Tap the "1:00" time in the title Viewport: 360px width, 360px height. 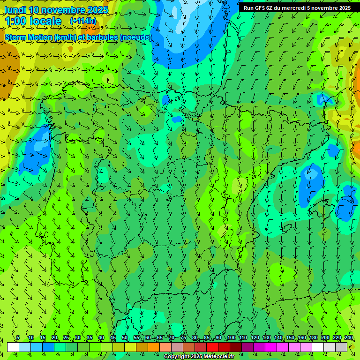(15, 22)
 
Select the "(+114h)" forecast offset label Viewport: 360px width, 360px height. (83, 21)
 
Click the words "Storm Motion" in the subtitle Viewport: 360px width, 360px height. (29, 37)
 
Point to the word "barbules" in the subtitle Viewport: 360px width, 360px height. (102, 37)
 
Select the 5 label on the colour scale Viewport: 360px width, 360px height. (17, 338)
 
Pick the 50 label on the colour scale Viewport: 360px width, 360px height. (125, 338)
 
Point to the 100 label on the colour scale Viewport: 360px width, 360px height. (232, 338)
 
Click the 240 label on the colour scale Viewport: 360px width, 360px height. (349, 338)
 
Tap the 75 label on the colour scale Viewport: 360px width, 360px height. (183, 338)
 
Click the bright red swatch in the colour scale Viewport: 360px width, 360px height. (212, 347)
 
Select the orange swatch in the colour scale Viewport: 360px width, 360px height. (154, 347)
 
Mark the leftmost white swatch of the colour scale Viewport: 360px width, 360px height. (13, 347)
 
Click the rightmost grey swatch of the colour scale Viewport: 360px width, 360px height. (341, 347)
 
